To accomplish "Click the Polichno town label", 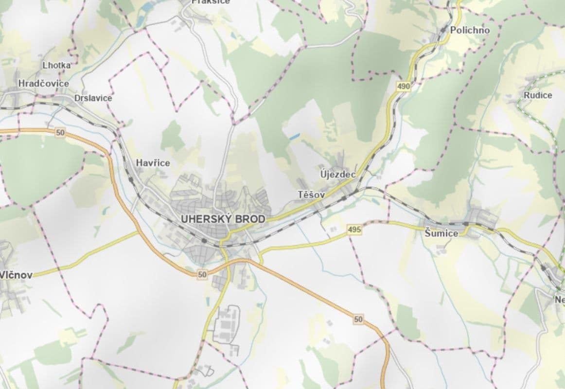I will tap(469, 30).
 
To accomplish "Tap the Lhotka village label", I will tap(56, 65).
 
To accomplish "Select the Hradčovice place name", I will tap(43, 84).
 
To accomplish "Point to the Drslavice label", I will tap(93, 98).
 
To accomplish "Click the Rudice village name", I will tap(538, 95).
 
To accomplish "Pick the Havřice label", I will tap(153, 163).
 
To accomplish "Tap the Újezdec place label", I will tap(338, 174).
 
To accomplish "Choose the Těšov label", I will tap(311, 194).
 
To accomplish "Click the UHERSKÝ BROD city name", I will tap(223, 219).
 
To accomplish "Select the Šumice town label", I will tap(441, 233).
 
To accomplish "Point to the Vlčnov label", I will tap(16, 275).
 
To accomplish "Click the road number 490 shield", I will tap(403, 87).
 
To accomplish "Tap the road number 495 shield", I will tap(354, 230).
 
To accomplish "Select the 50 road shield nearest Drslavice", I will tap(60, 132).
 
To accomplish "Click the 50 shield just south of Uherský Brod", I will tap(202, 275).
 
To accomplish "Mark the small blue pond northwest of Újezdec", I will tap(294, 138).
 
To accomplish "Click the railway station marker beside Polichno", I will tap(443, 30).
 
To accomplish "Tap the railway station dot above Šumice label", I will tap(465, 224).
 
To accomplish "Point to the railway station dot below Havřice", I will tap(131, 180).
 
